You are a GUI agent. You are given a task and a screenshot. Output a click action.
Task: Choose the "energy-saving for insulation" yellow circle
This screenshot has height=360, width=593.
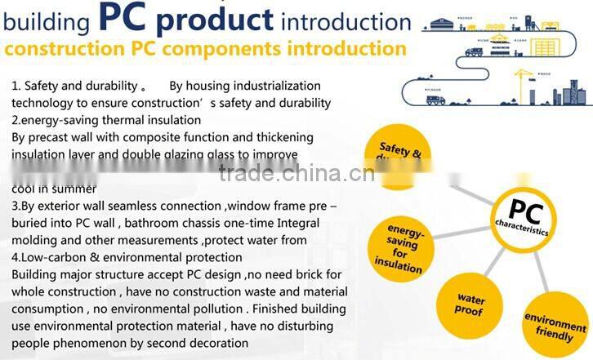(x=399, y=245)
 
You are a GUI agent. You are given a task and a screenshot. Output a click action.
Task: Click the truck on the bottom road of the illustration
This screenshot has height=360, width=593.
(x=435, y=100)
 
